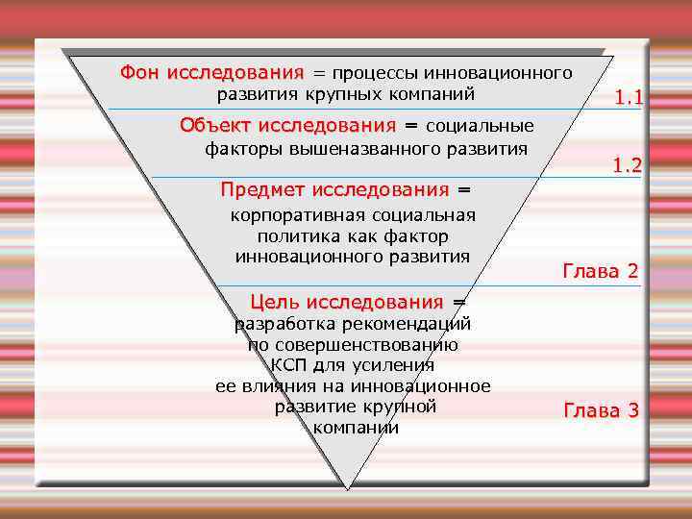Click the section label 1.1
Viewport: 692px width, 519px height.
tap(630, 97)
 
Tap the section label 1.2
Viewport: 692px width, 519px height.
tap(627, 166)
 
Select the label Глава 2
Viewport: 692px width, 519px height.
tap(601, 271)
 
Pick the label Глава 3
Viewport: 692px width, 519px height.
tap(601, 411)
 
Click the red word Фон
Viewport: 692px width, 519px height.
tap(140, 73)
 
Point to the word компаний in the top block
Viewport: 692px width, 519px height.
tap(430, 94)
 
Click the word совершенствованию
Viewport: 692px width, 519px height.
tap(365, 344)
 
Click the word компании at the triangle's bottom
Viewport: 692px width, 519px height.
tap(356, 428)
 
